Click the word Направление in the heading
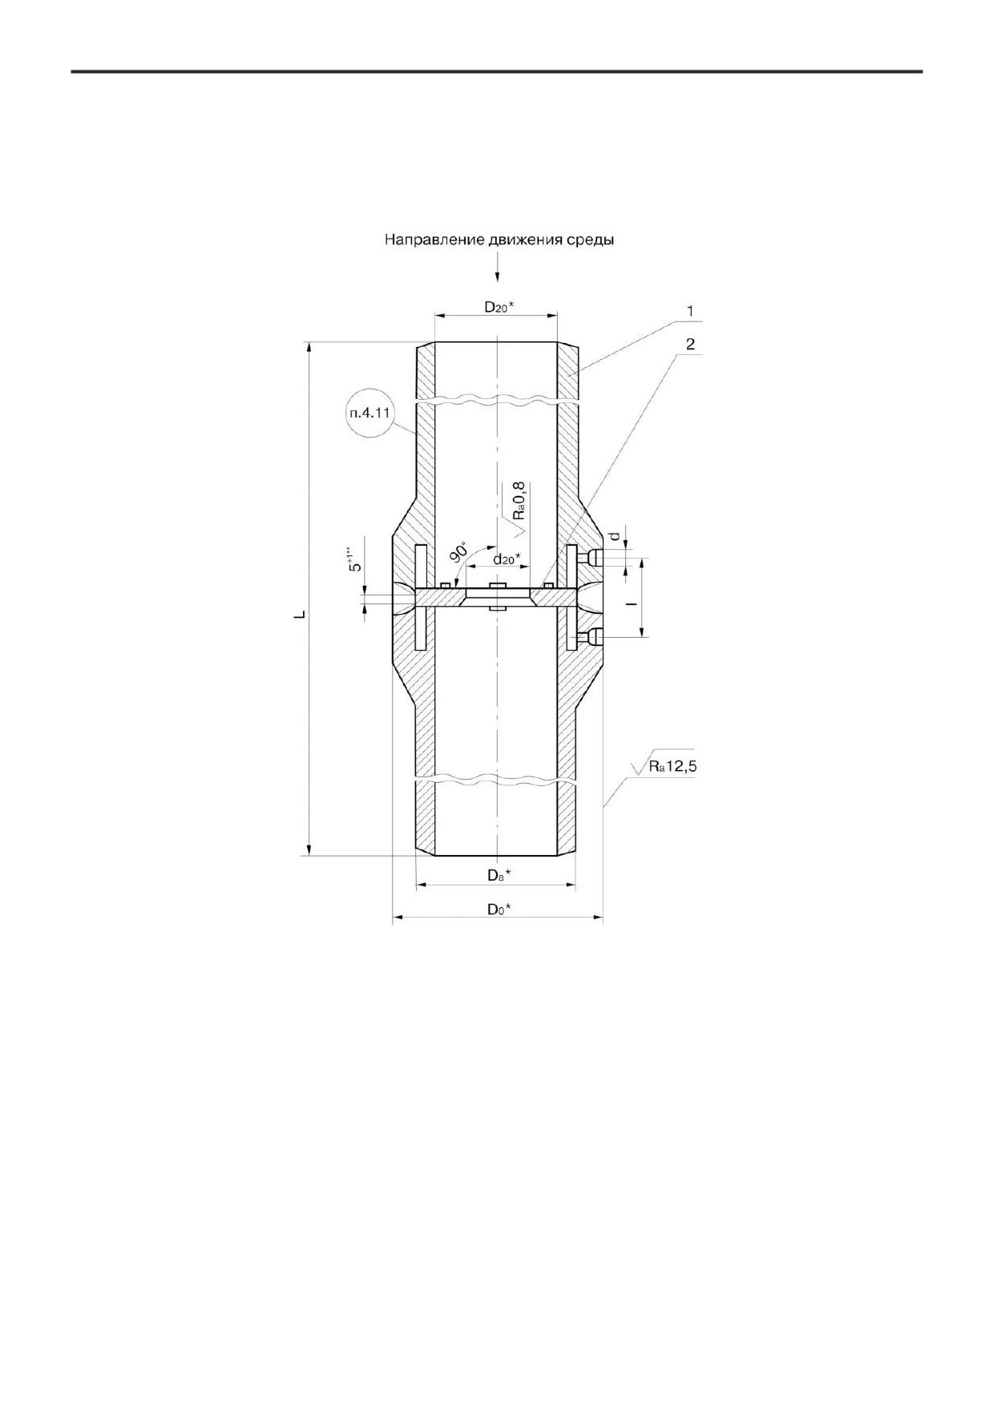click(434, 240)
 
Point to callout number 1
click(689, 309)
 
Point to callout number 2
click(689, 344)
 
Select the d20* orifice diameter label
click(506, 559)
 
